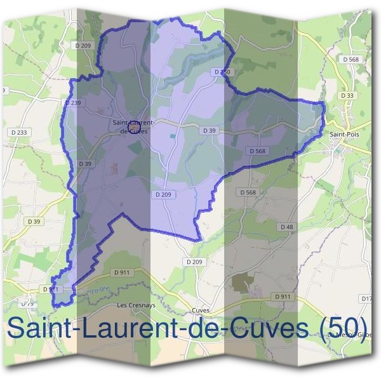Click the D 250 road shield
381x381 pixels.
[222, 72]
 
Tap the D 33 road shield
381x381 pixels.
[347, 95]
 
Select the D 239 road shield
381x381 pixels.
[73, 102]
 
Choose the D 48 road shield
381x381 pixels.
[286, 227]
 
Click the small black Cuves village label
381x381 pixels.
[201, 311]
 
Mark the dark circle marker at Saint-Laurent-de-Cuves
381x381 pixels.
[134, 128]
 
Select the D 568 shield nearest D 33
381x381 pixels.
[351, 60]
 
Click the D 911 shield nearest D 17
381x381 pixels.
[283, 297]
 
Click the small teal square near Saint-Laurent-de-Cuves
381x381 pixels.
[172, 137]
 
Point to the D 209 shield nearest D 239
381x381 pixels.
[83, 45]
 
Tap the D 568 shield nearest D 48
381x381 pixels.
[248, 192]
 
